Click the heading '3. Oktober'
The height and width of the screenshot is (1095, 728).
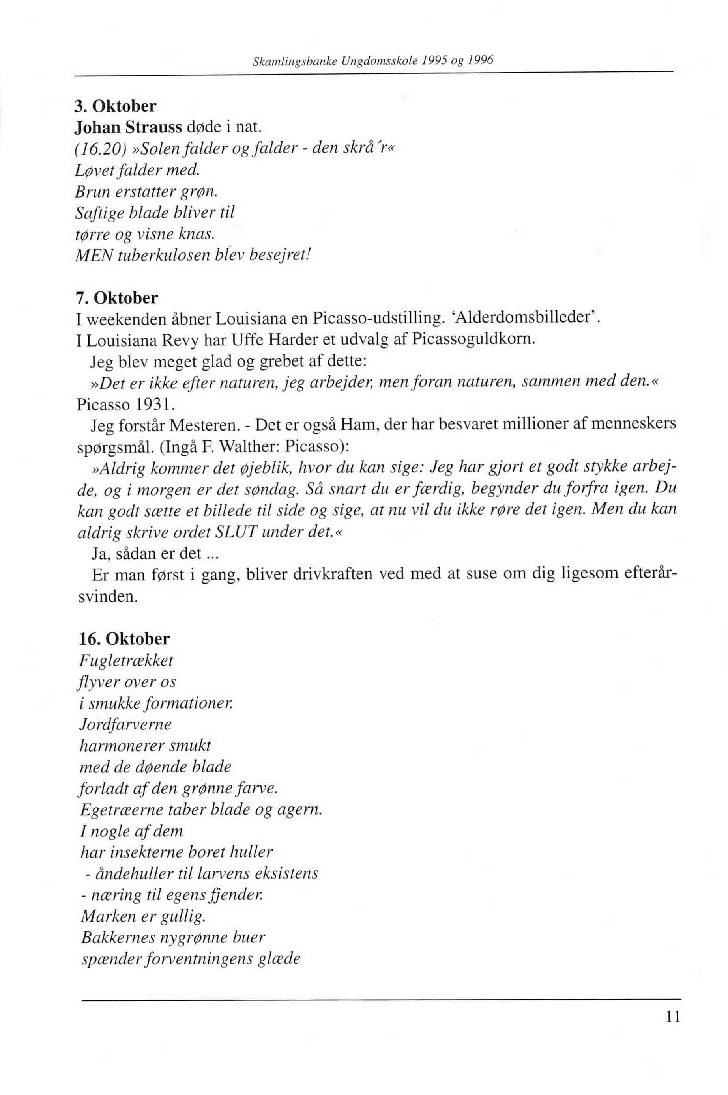click(116, 106)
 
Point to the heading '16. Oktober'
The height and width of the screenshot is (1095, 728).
click(124, 639)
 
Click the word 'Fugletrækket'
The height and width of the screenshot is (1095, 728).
click(126, 661)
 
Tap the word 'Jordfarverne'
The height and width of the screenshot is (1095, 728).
click(125, 725)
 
